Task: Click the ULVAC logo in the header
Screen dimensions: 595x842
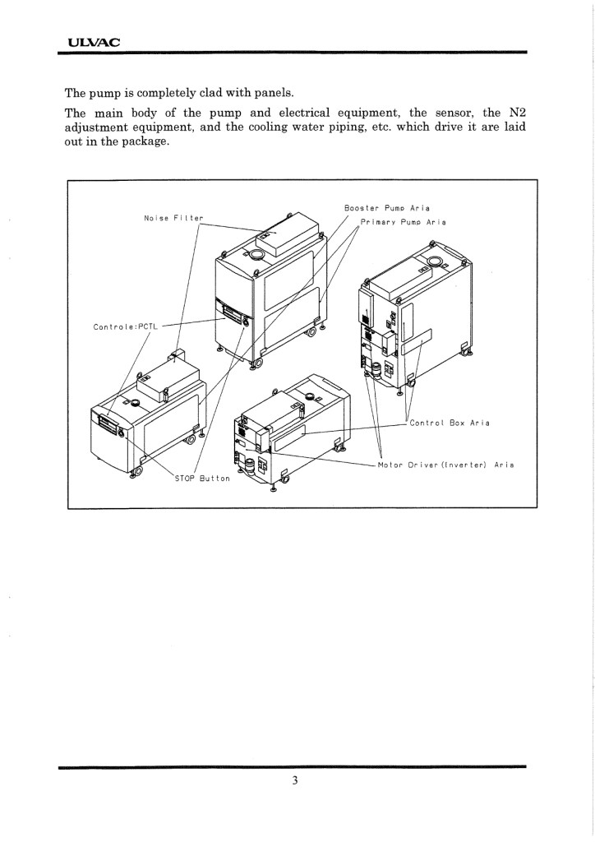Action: (x=94, y=42)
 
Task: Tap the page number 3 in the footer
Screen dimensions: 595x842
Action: (x=295, y=780)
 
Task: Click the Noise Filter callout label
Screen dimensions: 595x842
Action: (x=174, y=218)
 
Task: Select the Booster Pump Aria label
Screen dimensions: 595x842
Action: (x=387, y=208)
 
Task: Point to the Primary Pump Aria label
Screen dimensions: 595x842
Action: (x=403, y=222)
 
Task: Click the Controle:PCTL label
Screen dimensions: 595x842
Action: (x=124, y=326)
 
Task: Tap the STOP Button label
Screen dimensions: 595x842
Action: (x=202, y=478)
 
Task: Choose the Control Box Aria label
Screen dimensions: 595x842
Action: (x=450, y=423)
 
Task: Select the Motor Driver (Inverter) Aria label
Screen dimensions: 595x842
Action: (x=446, y=465)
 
